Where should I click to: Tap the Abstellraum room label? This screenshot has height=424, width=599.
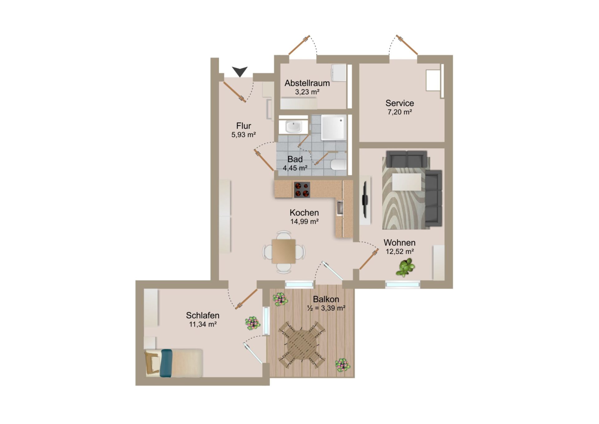(x=307, y=83)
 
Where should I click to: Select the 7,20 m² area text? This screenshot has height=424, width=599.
(x=400, y=112)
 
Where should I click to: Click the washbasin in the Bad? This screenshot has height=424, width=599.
(x=293, y=127)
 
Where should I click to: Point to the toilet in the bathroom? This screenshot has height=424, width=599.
(x=338, y=164)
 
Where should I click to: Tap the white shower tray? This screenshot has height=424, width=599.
(x=334, y=127)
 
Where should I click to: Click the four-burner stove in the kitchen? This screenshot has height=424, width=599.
(x=302, y=190)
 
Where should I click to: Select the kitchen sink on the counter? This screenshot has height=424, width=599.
(x=340, y=208)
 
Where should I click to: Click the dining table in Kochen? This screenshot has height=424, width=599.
(x=284, y=251)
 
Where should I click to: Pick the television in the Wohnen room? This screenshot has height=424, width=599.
(x=365, y=200)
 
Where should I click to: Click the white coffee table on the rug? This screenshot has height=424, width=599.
(x=407, y=182)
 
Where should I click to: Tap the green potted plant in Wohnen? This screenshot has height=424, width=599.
(x=405, y=268)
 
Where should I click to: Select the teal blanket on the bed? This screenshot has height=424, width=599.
(x=166, y=363)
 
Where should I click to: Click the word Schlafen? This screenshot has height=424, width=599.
(x=203, y=315)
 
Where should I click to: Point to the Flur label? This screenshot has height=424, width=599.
(x=244, y=126)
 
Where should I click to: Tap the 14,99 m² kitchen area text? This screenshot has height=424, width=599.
(x=304, y=221)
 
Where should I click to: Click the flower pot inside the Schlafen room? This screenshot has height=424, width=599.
(x=252, y=323)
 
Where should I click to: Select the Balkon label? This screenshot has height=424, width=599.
(x=326, y=299)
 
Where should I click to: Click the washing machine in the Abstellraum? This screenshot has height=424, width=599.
(x=338, y=73)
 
